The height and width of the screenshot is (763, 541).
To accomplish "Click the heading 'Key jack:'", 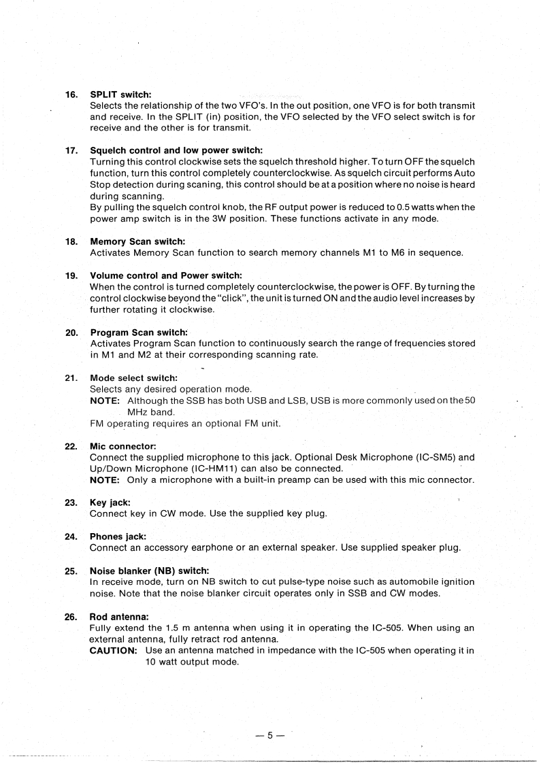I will [110, 503].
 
